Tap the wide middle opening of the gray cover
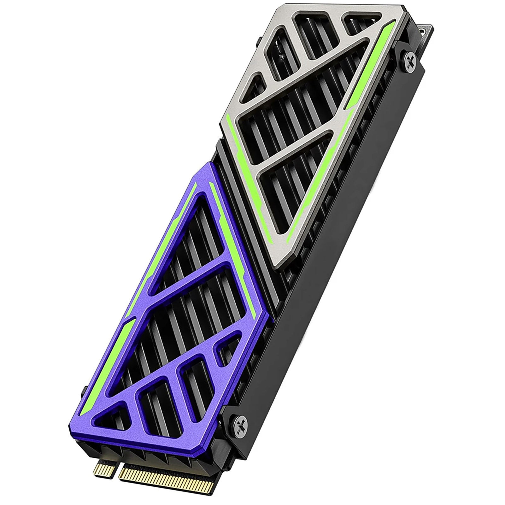click(x=303, y=104)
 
